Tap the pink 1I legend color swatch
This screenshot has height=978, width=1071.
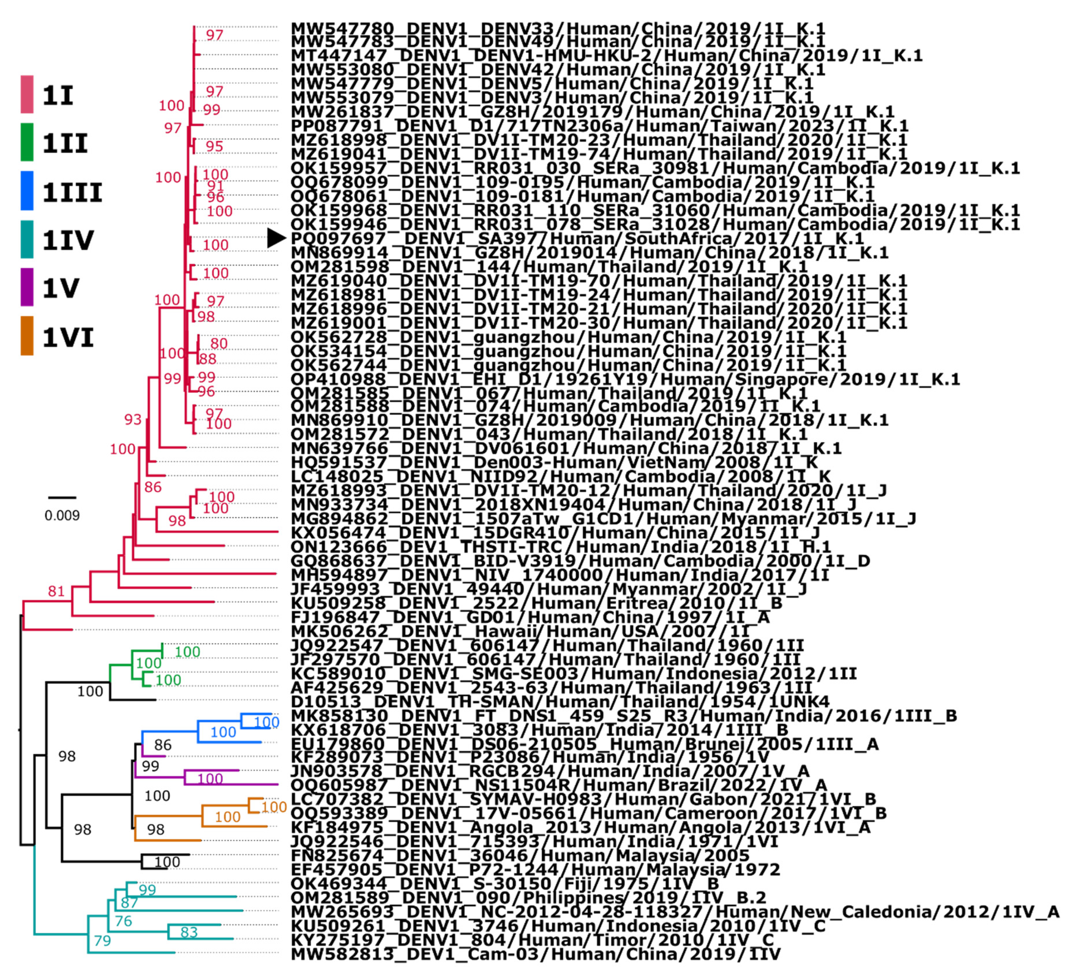coord(27,95)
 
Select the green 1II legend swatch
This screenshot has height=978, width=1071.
coord(27,142)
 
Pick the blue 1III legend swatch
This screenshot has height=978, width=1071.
coord(27,191)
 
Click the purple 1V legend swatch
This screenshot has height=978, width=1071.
coord(27,287)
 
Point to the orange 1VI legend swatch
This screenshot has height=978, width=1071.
coord(27,336)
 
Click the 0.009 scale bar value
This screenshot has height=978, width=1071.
coord(62,515)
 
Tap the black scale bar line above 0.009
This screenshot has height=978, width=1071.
coord(62,498)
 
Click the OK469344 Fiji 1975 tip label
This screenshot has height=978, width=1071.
coord(505,883)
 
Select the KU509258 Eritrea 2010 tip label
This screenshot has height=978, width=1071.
coord(536,603)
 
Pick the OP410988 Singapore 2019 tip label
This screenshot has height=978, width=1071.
coord(625,379)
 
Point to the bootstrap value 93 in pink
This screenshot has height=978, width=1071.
coord(133,420)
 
